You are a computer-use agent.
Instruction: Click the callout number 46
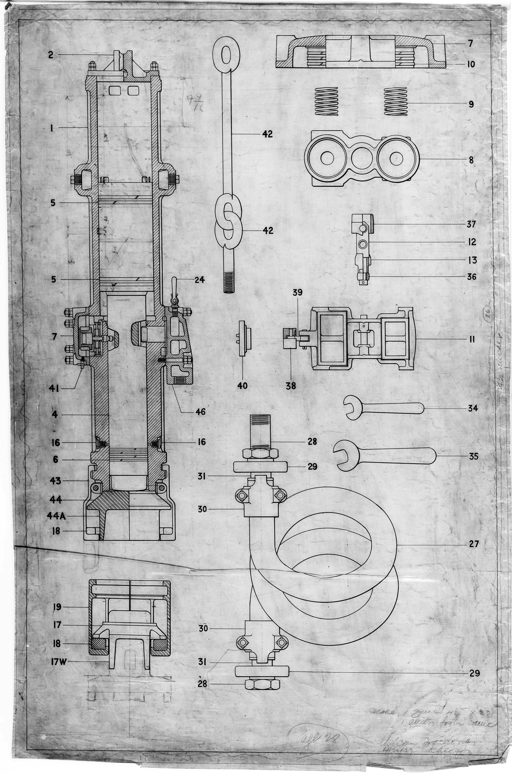click(200, 412)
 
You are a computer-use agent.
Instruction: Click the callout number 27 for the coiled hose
click(474, 544)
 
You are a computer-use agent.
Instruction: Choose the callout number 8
click(471, 160)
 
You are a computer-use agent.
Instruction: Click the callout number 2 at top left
click(51, 55)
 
